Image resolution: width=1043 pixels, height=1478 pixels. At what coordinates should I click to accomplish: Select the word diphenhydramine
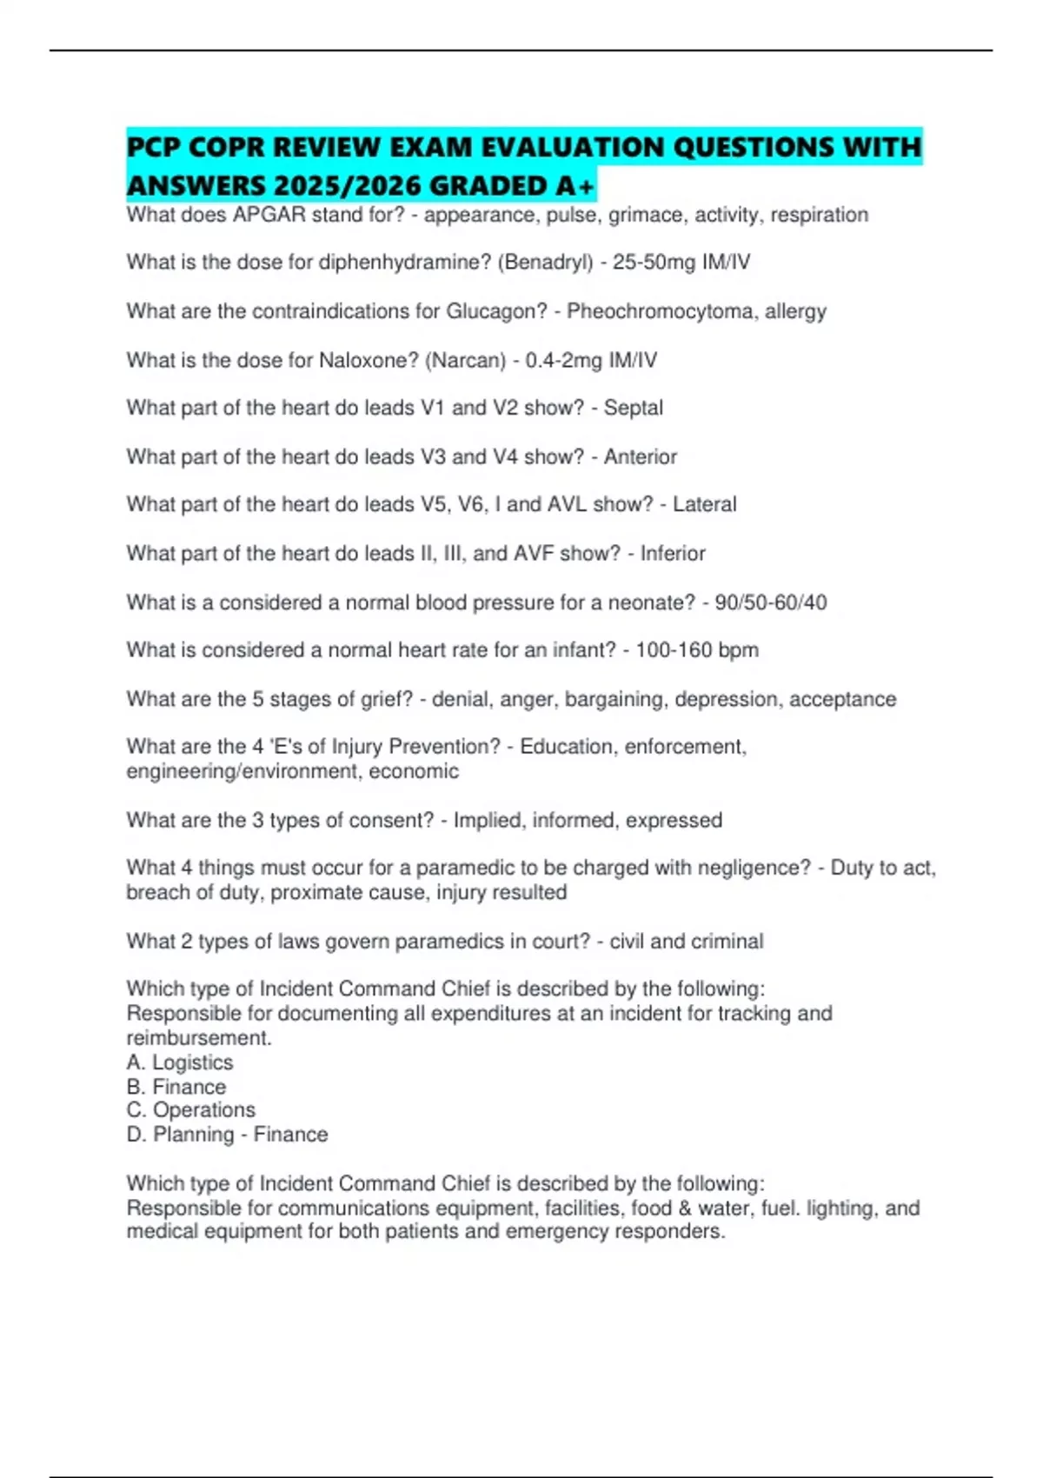pyautogui.click(x=405, y=263)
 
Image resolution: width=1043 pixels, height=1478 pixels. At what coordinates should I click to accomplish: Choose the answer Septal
pyautogui.click(x=634, y=408)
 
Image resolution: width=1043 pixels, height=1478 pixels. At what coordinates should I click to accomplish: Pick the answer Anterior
pyautogui.click(x=641, y=456)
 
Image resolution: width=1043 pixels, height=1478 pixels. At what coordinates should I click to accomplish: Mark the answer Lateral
pyautogui.click(x=705, y=504)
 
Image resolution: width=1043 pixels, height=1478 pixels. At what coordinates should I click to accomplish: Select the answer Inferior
pyautogui.click(x=673, y=553)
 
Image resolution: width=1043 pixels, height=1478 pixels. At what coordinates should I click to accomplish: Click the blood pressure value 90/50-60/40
pyautogui.click(x=771, y=603)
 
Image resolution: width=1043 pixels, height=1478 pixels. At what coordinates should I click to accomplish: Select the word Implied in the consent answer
pyautogui.click(x=488, y=820)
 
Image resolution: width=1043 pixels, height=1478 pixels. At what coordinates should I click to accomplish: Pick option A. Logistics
pyautogui.click(x=180, y=1062)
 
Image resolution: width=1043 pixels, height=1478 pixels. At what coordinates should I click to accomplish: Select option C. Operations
pyautogui.click(x=191, y=1110)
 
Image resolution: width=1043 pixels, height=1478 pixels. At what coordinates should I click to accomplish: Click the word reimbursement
pyautogui.click(x=198, y=1038)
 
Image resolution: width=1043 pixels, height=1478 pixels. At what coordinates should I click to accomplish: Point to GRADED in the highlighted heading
pyautogui.click(x=488, y=186)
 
